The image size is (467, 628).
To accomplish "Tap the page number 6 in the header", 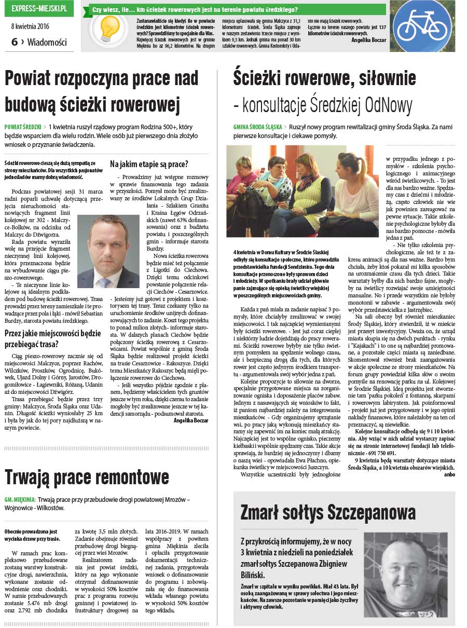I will (15, 42).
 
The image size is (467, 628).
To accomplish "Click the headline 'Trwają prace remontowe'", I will (86, 476).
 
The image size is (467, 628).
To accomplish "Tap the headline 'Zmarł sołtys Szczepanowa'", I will (328, 513).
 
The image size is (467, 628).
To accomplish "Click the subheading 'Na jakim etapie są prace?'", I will (149, 164).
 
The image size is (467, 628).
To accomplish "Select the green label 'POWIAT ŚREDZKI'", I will (23, 126).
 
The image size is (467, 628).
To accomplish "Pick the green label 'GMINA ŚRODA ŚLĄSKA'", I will (258, 127).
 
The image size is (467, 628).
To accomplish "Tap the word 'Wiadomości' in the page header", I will (47, 43).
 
